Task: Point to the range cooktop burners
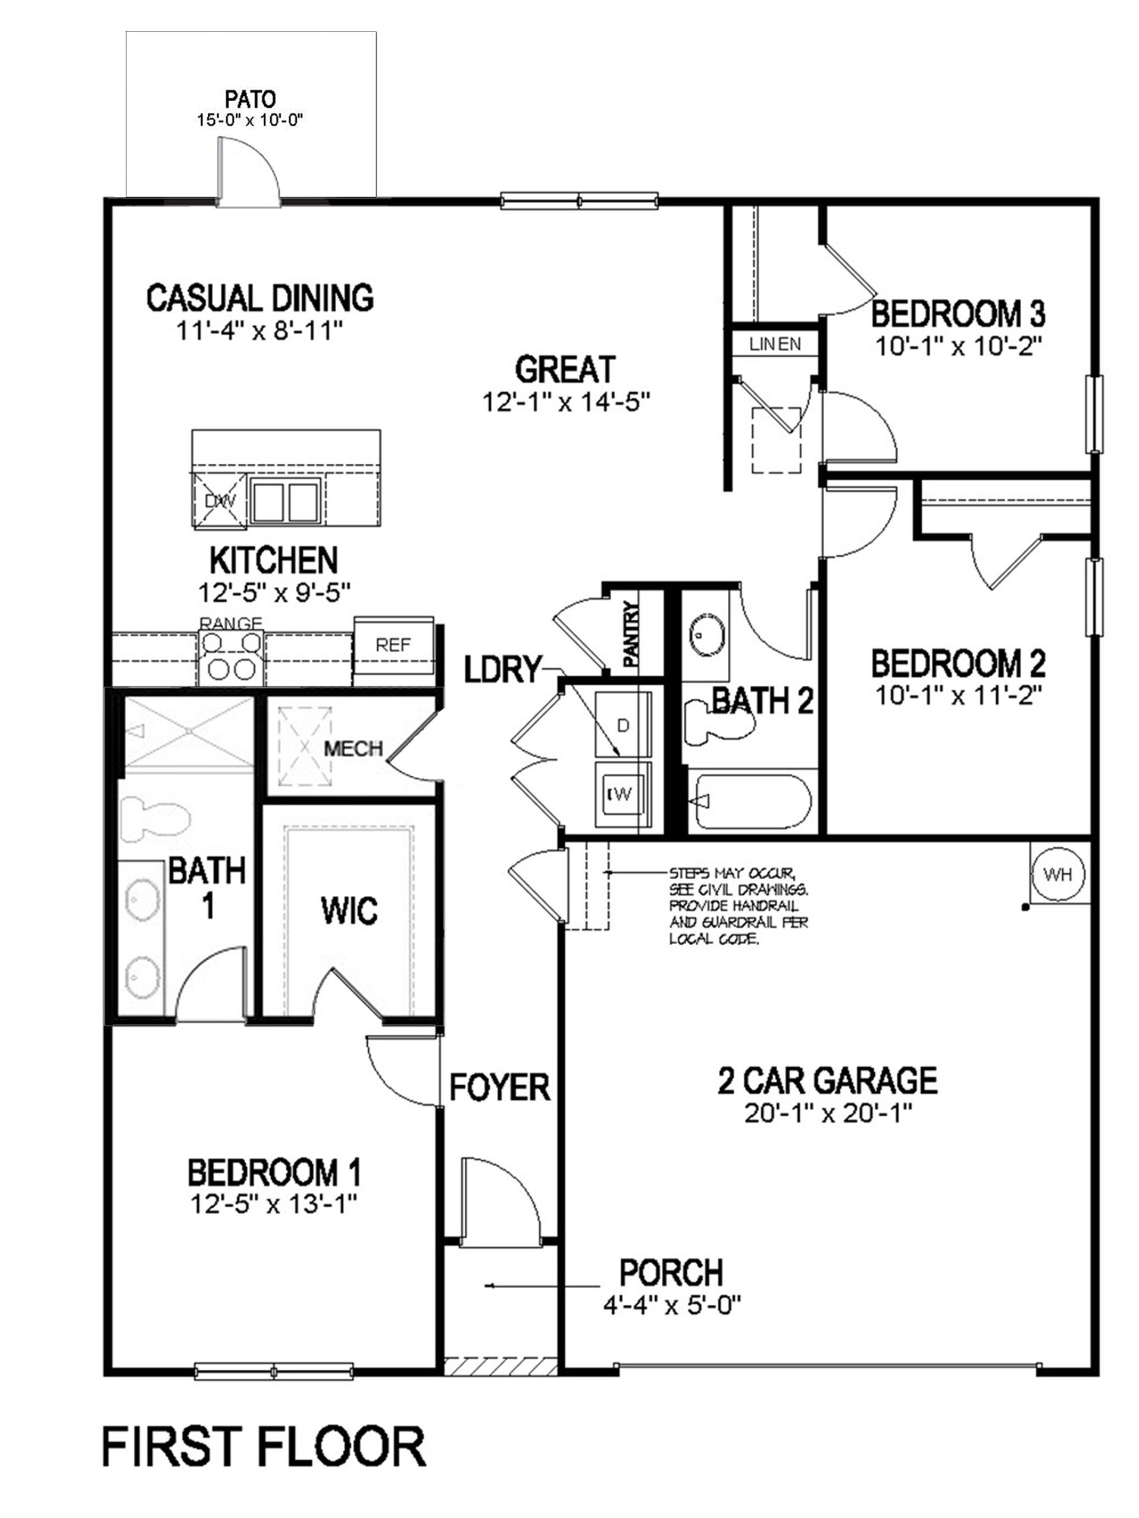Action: (x=230, y=656)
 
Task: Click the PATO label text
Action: (x=251, y=100)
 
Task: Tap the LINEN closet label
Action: (x=775, y=344)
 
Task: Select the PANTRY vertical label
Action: (x=631, y=634)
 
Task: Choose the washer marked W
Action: (x=622, y=794)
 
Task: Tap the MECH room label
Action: (x=353, y=748)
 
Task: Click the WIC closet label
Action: (x=349, y=911)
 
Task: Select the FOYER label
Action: (x=499, y=1087)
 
